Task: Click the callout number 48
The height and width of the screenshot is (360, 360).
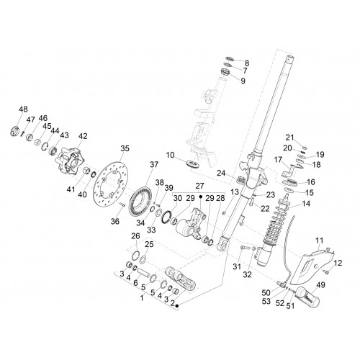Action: tap(23, 109)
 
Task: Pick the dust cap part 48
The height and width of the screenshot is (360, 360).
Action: tap(16, 131)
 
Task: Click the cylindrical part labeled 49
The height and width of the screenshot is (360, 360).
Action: tap(307, 298)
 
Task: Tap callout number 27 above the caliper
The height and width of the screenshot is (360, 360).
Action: tap(199, 186)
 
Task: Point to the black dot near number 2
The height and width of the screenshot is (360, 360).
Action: tap(177, 306)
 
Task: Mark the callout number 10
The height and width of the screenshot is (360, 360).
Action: tap(170, 155)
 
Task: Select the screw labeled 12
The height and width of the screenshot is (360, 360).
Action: tap(326, 271)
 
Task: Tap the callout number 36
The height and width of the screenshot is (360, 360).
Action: tap(115, 221)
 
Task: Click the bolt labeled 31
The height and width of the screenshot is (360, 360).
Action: tap(243, 250)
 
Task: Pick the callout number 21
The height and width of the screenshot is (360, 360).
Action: tap(289, 138)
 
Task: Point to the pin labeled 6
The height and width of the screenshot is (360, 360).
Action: tap(144, 273)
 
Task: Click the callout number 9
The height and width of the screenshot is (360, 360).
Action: tap(243, 81)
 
